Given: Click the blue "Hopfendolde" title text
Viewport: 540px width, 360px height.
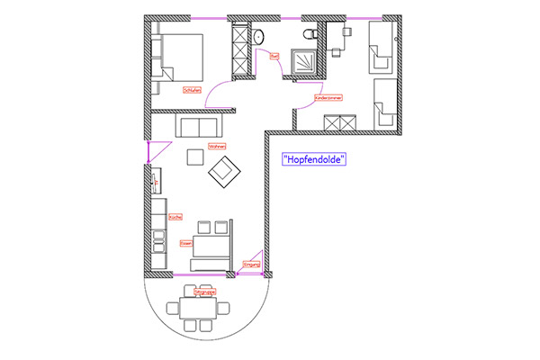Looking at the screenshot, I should (314, 159).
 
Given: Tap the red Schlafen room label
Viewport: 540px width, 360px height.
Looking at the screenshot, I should (190, 90).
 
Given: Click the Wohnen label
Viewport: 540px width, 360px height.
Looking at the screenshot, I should (216, 146).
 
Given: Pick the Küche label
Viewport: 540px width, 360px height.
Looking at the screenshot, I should (175, 217).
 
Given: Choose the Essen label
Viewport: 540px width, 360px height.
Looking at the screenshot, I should (186, 243).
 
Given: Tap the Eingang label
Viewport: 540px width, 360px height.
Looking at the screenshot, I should (251, 265).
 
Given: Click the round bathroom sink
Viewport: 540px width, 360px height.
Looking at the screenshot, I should (259, 37).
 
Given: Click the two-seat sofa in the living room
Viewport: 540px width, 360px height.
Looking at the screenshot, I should (198, 125).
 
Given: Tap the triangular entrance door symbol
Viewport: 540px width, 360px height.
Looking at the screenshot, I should (253, 256).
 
